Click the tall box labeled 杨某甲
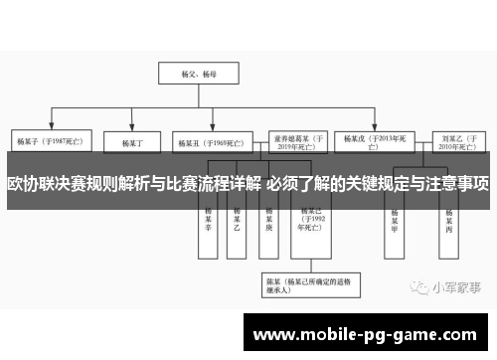pyautogui.click(x=395, y=218)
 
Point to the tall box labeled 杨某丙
pyautogui.click(x=449, y=218)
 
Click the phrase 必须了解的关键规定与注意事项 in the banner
pyautogui.click(x=378, y=182)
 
